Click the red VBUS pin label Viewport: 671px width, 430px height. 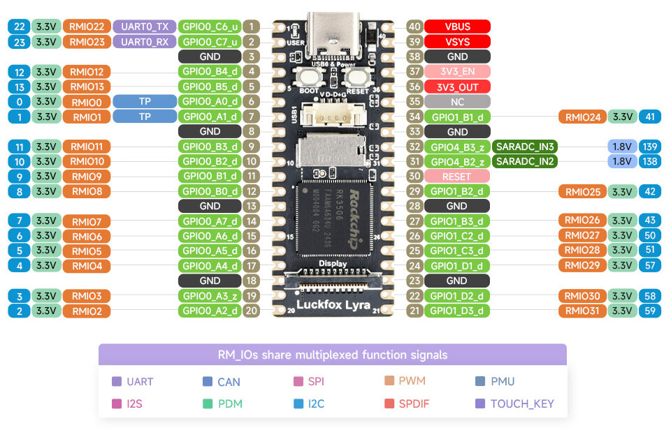[457, 27]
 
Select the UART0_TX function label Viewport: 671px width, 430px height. [144, 27]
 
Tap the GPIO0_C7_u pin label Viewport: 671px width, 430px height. [210, 42]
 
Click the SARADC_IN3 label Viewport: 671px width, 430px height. [526, 147]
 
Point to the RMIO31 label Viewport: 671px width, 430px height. [582, 311]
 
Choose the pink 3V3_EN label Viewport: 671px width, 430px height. [457, 71]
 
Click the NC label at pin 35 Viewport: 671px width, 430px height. [457, 101]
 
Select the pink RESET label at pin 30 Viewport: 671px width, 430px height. [456, 177]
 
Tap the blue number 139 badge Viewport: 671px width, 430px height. [650, 147]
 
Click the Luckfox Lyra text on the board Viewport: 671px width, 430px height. [333, 304]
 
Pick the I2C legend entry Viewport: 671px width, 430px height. [307, 403]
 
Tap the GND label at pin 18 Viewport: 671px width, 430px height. [210, 281]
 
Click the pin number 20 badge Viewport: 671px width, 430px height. [251, 311]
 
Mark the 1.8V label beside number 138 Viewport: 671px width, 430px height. [621, 161]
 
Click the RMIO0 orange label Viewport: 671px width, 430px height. [87, 102]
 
